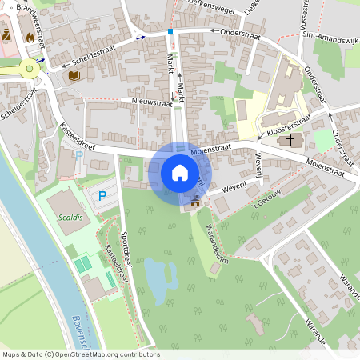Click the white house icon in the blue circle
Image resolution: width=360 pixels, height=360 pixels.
180,173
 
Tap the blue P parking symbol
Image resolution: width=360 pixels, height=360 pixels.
102,195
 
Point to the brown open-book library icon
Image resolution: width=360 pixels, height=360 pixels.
74,76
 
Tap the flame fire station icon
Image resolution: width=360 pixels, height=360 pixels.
30,36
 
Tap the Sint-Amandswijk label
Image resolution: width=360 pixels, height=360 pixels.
326,38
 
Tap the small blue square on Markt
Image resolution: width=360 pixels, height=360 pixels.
170,31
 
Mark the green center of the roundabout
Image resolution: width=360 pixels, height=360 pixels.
31,69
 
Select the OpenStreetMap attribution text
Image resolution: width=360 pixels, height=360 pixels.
80,354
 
